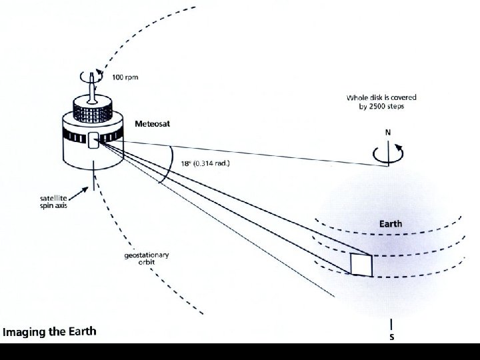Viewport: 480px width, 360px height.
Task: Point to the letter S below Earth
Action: click(391, 337)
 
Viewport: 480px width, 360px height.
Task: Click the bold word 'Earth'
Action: click(391, 224)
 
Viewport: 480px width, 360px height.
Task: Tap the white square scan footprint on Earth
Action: click(361, 264)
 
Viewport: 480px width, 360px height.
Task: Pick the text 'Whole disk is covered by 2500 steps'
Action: click(375, 101)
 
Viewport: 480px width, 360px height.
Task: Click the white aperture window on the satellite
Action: click(93, 140)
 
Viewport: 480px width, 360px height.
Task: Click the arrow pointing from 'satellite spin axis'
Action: click(82, 192)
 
